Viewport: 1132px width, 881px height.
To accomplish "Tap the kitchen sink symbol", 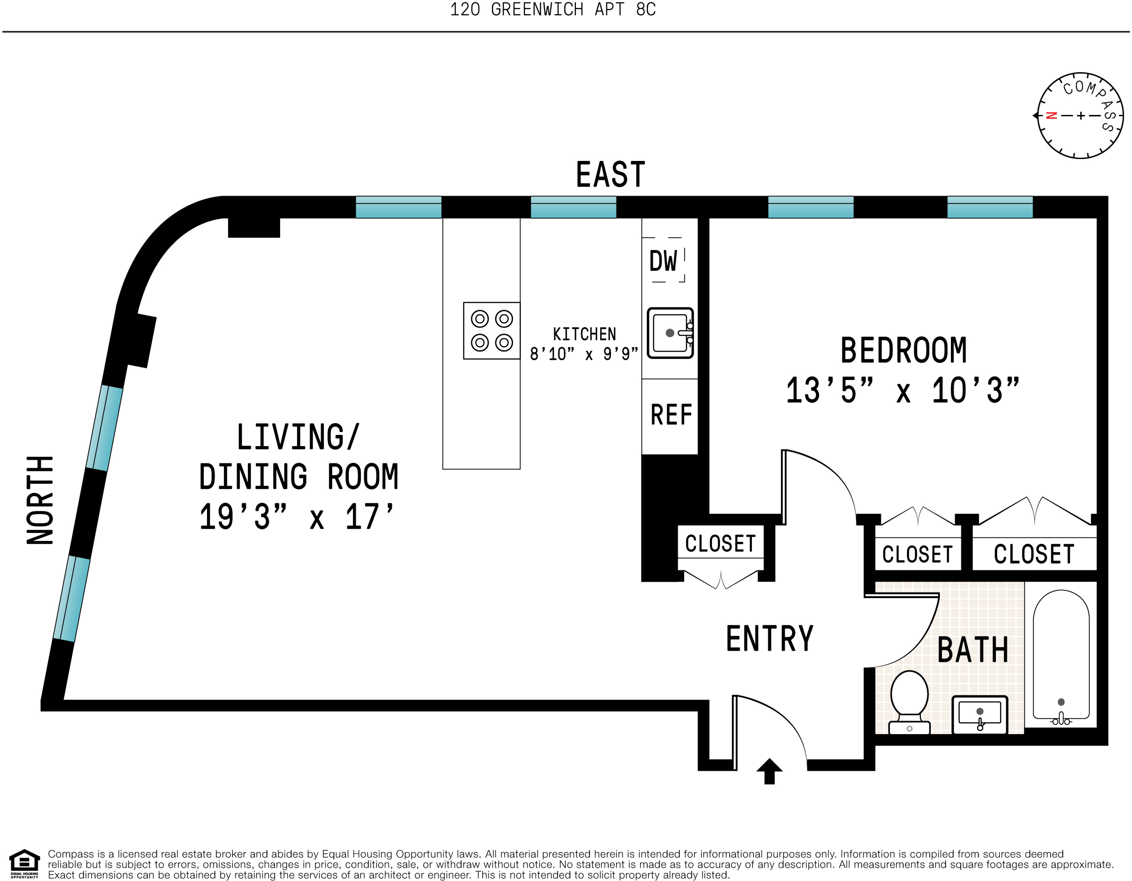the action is pyautogui.click(x=670, y=333).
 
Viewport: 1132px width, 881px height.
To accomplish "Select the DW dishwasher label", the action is pyautogui.click(x=663, y=261).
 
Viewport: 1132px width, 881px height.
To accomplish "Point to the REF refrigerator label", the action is pyautogui.click(x=671, y=415).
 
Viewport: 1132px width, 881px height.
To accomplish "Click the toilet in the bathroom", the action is pyautogui.click(x=909, y=702).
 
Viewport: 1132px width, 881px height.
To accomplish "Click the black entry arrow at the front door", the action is pyautogui.click(x=769, y=771).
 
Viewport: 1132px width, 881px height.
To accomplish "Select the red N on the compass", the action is pyautogui.click(x=1052, y=115).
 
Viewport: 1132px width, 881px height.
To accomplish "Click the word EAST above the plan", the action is pyautogui.click(x=611, y=175).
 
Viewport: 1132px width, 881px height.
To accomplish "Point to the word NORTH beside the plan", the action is pyautogui.click(x=40, y=500).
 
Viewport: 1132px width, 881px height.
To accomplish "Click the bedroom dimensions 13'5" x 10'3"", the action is pyautogui.click(x=902, y=390).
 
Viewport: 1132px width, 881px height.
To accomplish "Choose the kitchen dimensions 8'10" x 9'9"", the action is pyautogui.click(x=584, y=354).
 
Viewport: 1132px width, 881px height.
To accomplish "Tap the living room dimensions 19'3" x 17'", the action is pyautogui.click(x=297, y=517).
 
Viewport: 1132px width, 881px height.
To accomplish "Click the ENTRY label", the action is pyautogui.click(x=770, y=639).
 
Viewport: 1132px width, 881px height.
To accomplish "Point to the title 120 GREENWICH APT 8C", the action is pyautogui.click(x=552, y=9).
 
